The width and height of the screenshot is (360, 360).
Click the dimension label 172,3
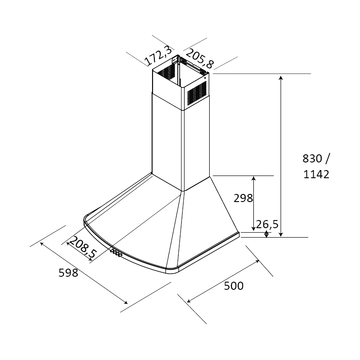(x=158, y=56)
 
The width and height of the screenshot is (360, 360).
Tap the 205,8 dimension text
(x=199, y=59)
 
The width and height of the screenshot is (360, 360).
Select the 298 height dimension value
(x=243, y=198)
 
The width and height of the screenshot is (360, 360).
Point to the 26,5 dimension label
(x=267, y=224)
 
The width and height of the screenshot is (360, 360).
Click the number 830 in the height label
(x=312, y=158)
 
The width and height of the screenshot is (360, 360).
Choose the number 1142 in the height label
(x=316, y=174)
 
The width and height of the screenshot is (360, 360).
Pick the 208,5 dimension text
(x=83, y=247)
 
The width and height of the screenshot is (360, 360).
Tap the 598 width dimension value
(x=68, y=273)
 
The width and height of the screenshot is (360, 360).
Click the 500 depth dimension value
(x=234, y=286)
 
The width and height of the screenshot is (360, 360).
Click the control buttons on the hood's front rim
(x=116, y=253)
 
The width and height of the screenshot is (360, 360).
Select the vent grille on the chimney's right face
(x=197, y=94)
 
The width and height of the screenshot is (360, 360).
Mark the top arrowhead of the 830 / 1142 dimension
(x=280, y=77)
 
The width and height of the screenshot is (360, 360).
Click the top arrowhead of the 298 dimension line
(x=253, y=178)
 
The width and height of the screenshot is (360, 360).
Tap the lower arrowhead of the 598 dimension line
(x=126, y=302)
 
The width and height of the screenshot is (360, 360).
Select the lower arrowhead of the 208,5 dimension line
(x=90, y=260)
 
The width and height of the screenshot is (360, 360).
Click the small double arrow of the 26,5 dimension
(x=266, y=234)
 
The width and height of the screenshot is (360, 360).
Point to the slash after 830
(x=328, y=158)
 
